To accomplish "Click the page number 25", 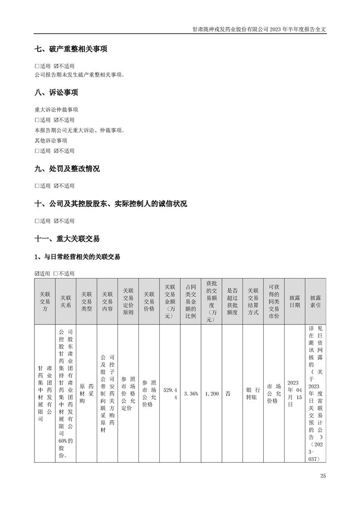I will (323, 476).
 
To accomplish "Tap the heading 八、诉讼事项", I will (56, 93).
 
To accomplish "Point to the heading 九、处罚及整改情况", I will (67, 169).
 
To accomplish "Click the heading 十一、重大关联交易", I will (67, 239).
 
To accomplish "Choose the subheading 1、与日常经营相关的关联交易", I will (77, 257).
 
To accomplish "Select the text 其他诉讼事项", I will (51, 141).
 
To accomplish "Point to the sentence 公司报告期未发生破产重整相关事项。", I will (79, 74).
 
